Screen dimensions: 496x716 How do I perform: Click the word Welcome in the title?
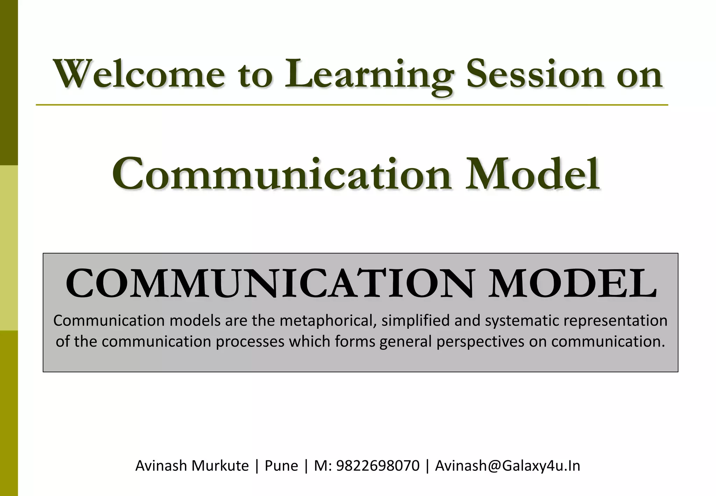(x=139, y=75)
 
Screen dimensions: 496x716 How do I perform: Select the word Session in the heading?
(x=535, y=75)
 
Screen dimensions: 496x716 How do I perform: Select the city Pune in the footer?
(x=281, y=466)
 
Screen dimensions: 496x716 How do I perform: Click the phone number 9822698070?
(x=378, y=466)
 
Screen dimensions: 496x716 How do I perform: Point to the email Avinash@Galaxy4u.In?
(x=508, y=466)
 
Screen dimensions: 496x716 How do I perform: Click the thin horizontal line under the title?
(x=352, y=105)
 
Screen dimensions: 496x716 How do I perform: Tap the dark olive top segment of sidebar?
(x=9, y=82)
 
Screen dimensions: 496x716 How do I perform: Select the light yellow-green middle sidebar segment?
(x=9, y=248)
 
